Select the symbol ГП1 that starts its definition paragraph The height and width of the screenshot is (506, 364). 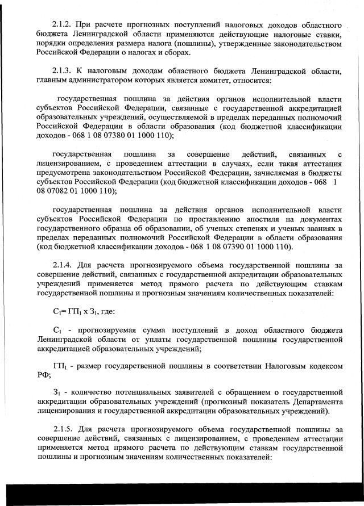[x=59, y=367]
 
